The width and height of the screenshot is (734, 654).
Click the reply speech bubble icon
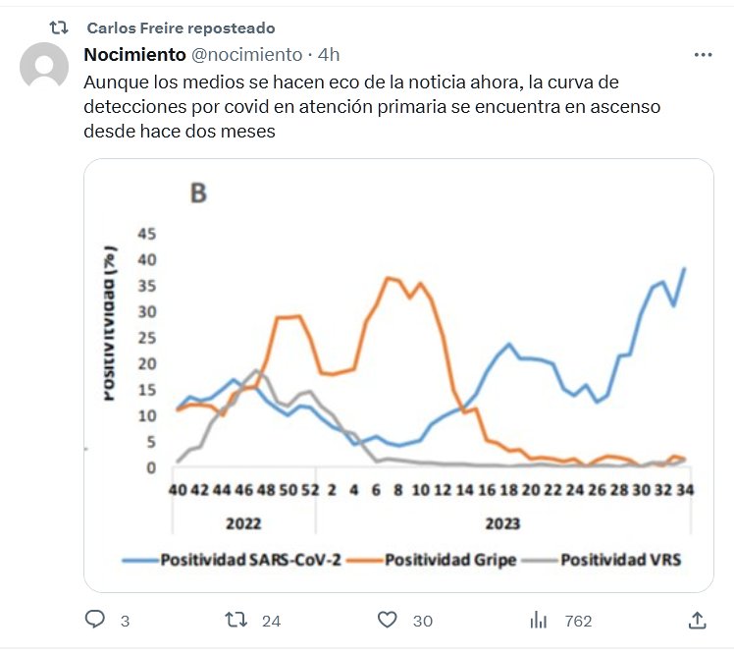pyautogui.click(x=95, y=620)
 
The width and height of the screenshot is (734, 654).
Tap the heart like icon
pyautogui.click(x=388, y=620)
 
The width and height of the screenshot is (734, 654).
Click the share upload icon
pyautogui.click(x=697, y=620)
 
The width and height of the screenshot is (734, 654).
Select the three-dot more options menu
pyautogui.click(x=703, y=54)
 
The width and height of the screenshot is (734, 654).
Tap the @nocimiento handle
pyautogui.click(x=246, y=54)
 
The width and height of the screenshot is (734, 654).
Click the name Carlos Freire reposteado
pyautogui.click(x=181, y=27)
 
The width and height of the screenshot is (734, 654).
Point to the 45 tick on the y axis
pyautogui.click(x=146, y=234)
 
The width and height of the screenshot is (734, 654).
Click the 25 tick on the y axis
pyautogui.click(x=146, y=338)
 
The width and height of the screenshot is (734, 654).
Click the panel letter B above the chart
pyautogui.click(x=197, y=193)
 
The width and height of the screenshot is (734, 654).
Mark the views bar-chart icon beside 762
pyautogui.click(x=538, y=620)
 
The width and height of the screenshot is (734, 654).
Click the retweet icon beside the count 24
pyautogui.click(x=236, y=620)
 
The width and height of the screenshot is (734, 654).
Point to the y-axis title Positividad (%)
pyautogui.click(x=110, y=323)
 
